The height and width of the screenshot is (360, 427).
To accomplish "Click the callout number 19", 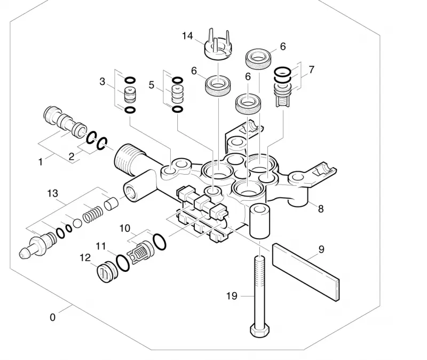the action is [232, 296].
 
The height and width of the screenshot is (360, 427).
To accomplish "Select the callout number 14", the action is [187, 36].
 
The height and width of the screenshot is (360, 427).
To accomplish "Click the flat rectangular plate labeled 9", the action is [306, 272].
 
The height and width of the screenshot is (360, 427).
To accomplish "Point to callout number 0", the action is [52, 317].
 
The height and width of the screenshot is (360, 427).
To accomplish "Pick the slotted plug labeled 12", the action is [107, 272].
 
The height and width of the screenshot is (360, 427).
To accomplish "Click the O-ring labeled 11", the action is [123, 263].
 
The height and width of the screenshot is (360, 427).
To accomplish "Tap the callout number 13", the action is [52, 193].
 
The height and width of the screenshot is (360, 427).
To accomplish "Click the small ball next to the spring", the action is [77, 223].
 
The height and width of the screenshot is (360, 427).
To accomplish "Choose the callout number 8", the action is [321, 209].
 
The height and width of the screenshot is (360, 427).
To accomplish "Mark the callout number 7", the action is [311, 69].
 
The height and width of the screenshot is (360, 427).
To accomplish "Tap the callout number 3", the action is [102, 81].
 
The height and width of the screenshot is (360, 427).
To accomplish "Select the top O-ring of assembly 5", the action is [177, 80].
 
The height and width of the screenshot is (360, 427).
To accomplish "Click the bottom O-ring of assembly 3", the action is [130, 110].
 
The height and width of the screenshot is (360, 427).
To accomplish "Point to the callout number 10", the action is [125, 228].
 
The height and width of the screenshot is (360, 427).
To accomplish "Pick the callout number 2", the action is [72, 156].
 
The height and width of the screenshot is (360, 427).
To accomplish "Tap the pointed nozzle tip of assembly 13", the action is [24, 254].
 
